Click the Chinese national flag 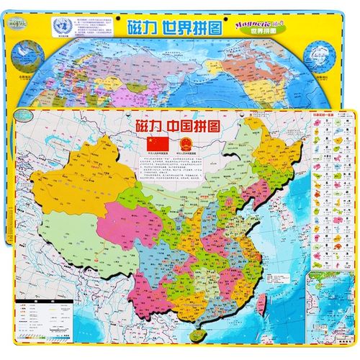(x=156, y=144)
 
